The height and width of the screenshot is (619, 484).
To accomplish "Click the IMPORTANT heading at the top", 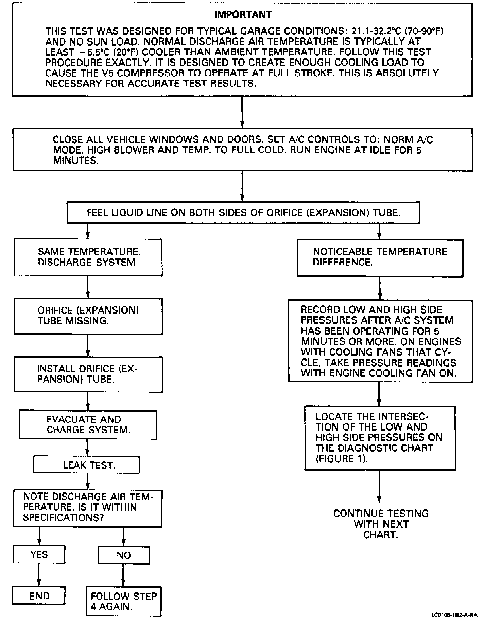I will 243,15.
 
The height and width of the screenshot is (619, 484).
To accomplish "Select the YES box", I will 39,555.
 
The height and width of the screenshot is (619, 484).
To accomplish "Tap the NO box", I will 124,555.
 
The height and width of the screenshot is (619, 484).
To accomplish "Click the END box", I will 39,596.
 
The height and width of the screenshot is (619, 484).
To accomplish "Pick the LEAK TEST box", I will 86,465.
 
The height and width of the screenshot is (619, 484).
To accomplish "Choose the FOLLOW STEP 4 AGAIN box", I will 124,601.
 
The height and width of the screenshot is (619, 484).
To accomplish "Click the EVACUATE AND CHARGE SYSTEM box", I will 88,425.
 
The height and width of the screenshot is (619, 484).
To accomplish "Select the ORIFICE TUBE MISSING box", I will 88,316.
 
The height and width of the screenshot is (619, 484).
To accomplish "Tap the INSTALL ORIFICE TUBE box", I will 88,374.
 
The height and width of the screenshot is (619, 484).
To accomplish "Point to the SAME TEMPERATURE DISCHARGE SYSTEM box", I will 88,257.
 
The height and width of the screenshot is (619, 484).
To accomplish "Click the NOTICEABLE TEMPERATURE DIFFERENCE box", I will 380,257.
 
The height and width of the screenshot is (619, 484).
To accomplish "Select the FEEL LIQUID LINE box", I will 243,213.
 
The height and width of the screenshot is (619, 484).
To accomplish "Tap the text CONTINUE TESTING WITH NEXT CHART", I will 381,524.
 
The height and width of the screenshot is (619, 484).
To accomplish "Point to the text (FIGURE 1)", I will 342,458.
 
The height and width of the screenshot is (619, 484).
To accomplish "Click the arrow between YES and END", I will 39,575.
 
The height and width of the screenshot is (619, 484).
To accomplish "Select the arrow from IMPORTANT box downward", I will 242,112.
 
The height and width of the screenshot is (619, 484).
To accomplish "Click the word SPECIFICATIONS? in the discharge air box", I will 63,518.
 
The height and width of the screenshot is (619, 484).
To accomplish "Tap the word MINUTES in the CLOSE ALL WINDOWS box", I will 75,161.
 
